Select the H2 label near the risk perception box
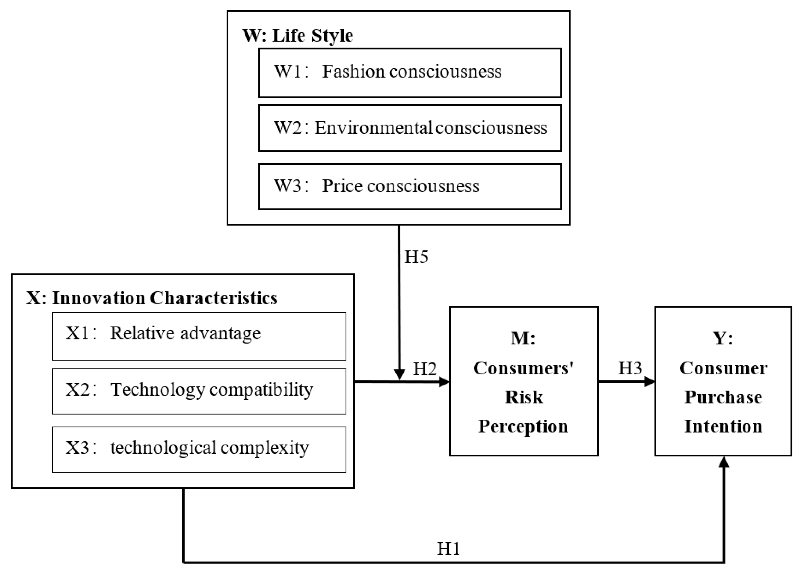[424, 369]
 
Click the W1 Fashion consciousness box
[410, 73]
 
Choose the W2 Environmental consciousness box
[410, 128]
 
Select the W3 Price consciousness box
[410, 186]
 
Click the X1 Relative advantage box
[199, 336]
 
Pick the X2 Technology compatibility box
[199, 391]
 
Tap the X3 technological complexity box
[199, 450]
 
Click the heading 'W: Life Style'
[297, 35]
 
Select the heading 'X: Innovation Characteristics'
[152, 298]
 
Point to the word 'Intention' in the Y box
[723, 426]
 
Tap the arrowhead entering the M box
[444, 382]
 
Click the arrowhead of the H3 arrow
[650, 382]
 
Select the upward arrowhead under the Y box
[724, 462]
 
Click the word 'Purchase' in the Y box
[723, 397]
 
